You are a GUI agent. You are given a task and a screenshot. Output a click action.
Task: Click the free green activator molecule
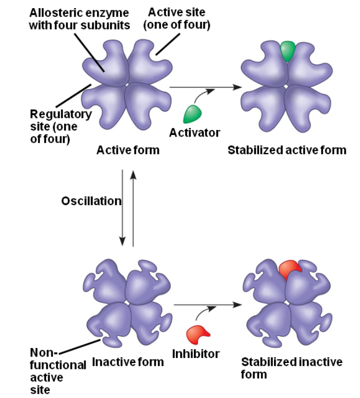tap(192, 113)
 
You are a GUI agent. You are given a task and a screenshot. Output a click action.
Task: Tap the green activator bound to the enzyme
tap(287, 50)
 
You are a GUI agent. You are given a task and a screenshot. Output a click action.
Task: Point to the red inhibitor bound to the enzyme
tap(289, 269)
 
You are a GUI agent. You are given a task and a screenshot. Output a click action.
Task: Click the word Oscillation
tap(91, 201)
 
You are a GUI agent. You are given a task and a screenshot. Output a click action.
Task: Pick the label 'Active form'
tap(128, 149)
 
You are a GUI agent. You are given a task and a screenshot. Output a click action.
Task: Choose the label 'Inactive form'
tap(128, 362)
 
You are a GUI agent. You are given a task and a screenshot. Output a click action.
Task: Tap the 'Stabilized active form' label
tap(287, 149)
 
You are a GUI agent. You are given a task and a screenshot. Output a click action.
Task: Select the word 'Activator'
tap(195, 132)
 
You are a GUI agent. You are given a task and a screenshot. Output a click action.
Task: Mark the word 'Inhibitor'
tap(196, 354)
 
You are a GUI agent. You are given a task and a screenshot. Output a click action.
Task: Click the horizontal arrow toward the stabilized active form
tap(205, 87)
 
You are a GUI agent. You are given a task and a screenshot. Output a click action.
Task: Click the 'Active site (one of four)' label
tap(176, 19)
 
